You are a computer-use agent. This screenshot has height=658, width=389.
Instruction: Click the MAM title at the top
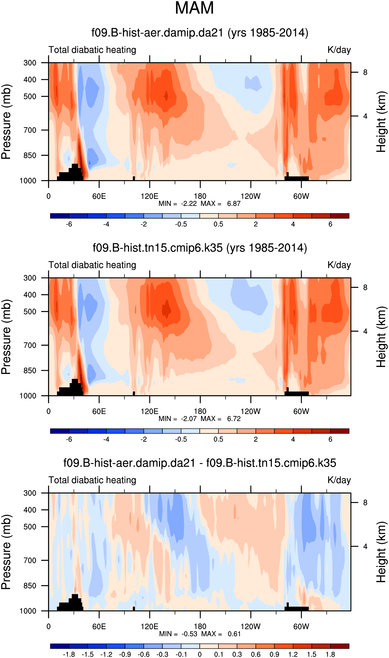point(194,8)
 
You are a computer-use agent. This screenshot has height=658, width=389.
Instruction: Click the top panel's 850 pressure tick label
point(30,155)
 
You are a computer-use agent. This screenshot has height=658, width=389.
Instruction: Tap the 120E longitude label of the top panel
point(149,196)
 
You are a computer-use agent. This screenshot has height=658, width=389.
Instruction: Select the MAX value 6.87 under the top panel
point(234,203)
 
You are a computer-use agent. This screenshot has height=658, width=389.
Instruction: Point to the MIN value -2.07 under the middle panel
point(189,419)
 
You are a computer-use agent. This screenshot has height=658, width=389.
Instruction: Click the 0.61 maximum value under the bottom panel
point(234,634)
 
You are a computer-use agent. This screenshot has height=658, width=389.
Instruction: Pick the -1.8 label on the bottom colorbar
point(69,654)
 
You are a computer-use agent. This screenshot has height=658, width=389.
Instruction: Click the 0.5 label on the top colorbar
point(218,224)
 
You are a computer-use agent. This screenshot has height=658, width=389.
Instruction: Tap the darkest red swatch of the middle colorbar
point(340,431)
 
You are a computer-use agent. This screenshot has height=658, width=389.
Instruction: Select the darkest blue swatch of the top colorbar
point(59,216)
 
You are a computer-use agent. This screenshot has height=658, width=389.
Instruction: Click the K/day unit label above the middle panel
point(339,265)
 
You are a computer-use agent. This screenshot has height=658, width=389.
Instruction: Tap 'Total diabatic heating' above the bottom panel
point(92,480)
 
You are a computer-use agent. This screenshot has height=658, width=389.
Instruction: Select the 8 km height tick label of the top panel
point(365,72)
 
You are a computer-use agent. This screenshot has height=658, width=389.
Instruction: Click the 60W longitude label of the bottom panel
point(301,627)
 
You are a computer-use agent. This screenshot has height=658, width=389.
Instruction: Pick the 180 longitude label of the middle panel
point(200,411)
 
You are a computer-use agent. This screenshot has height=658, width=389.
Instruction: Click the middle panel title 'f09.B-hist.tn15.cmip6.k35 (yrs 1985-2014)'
point(200,248)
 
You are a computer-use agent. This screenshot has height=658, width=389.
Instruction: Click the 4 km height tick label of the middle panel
point(365,331)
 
